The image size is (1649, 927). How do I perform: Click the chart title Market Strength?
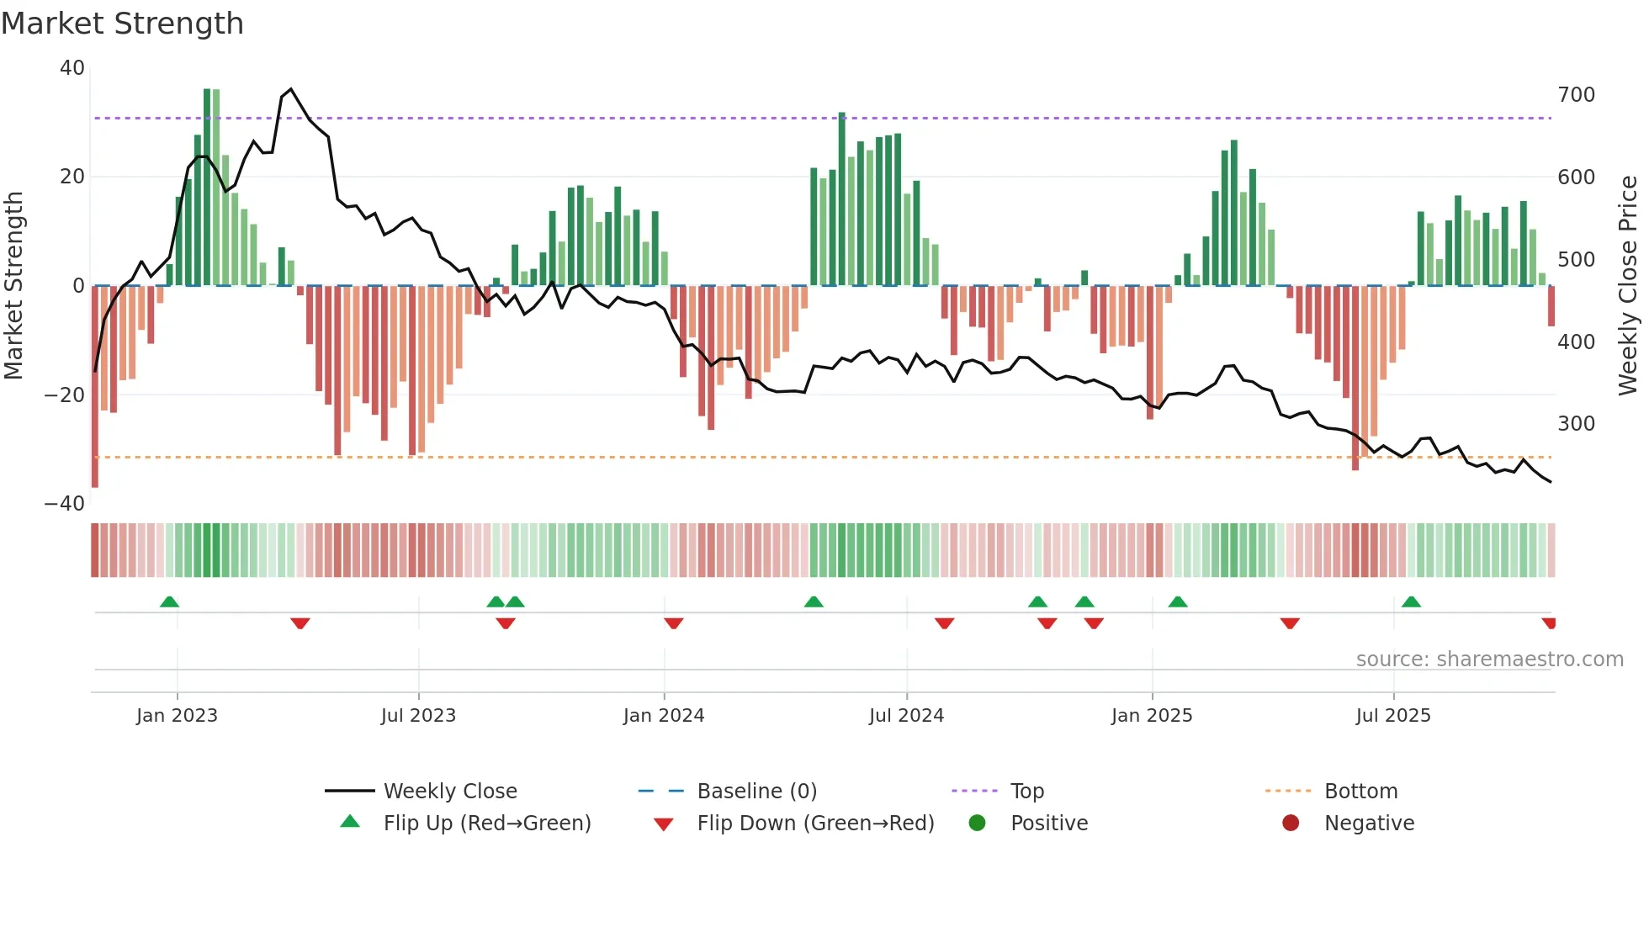(122, 24)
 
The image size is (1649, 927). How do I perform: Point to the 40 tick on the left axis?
(72, 68)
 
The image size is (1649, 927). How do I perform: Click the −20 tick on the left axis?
(65, 395)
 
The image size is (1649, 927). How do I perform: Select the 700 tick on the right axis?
(1576, 95)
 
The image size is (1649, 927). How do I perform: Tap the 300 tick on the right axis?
(1576, 424)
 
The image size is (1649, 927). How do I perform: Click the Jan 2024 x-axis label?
(663, 716)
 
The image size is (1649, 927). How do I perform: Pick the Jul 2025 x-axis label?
(1392, 716)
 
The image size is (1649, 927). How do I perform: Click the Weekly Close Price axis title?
(1628, 286)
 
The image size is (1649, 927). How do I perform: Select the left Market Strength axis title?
(13, 286)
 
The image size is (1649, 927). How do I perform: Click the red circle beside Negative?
(1291, 823)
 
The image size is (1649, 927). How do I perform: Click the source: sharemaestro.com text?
(1489, 659)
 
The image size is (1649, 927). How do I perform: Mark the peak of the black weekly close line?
(291, 89)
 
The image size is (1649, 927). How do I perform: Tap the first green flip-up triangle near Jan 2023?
(169, 601)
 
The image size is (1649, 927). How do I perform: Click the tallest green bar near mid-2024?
(841, 199)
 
